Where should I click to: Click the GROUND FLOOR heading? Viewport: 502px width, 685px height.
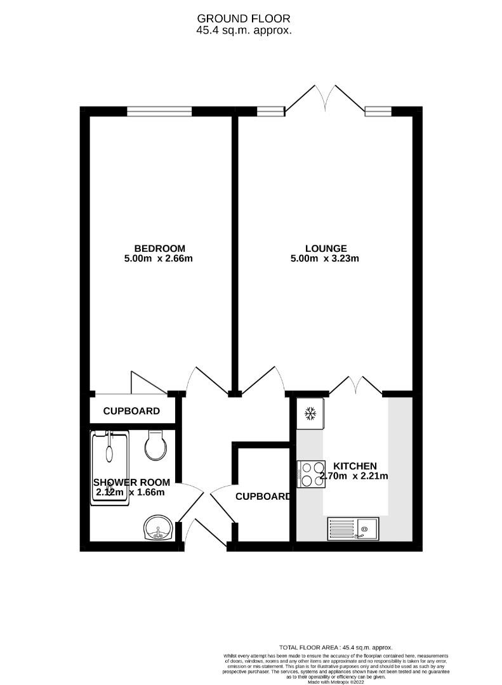[244, 18]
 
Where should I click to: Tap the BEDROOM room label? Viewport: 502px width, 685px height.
[159, 248]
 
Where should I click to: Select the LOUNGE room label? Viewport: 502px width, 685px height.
[326, 248]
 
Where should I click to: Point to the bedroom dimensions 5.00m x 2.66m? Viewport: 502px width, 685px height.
[159, 258]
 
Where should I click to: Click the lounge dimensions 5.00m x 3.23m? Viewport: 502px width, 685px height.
[326, 258]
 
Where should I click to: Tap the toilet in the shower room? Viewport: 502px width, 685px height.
[155, 445]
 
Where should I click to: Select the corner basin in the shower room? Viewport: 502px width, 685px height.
[157, 528]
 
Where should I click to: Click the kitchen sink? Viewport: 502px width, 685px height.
[353, 528]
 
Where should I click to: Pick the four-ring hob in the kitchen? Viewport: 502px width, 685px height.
[310, 474]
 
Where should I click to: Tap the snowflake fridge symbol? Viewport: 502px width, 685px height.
[310, 414]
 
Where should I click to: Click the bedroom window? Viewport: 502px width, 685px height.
[159, 112]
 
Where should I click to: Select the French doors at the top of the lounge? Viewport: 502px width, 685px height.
[325, 101]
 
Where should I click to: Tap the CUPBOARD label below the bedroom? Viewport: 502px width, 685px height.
[131, 411]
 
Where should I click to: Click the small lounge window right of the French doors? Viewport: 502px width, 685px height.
[378, 112]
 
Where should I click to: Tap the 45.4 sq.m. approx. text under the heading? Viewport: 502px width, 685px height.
[244, 30]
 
